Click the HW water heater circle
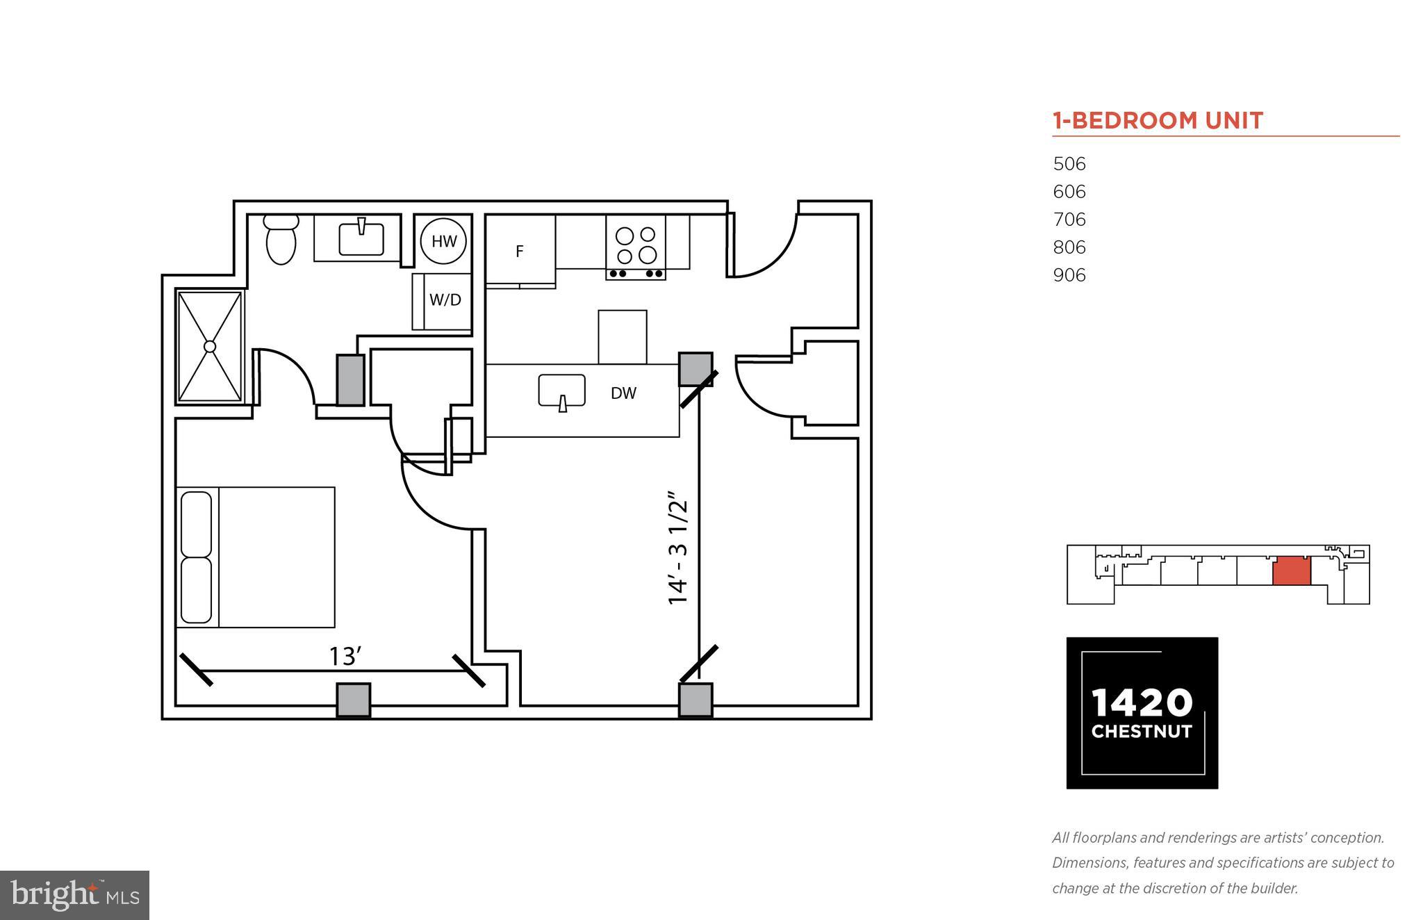(x=443, y=241)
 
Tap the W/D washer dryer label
(x=445, y=300)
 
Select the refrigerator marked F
(x=520, y=252)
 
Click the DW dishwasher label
(x=623, y=393)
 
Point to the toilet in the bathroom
(x=281, y=240)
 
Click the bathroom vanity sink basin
(x=361, y=238)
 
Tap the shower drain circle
(x=210, y=346)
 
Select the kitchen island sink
(x=561, y=391)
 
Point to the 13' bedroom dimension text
(x=345, y=656)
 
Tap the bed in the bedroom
(x=256, y=557)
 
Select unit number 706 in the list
(x=1069, y=220)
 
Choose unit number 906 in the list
(x=1069, y=275)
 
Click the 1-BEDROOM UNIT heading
(x=1157, y=121)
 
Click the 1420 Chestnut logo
(x=1142, y=713)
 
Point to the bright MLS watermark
(x=74, y=895)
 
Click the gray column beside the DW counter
(x=695, y=369)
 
